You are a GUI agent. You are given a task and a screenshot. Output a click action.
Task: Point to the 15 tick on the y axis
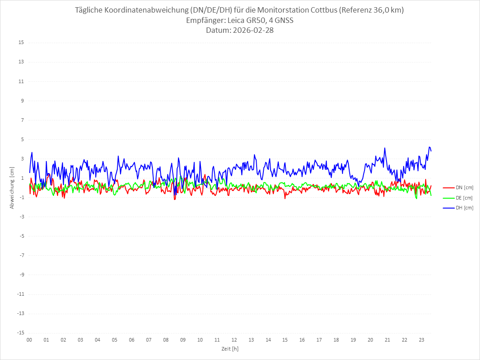[x=21, y=43]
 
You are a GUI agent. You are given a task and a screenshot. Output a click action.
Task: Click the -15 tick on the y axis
[x=20, y=333]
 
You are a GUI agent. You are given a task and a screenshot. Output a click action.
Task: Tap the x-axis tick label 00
[x=29, y=340]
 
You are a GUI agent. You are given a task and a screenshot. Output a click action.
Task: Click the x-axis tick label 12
[x=234, y=340]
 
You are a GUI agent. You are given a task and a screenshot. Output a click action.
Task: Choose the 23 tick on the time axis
[x=422, y=340]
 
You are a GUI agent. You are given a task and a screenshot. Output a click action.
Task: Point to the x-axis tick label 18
[x=336, y=340]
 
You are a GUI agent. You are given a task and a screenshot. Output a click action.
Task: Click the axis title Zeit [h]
[x=230, y=349]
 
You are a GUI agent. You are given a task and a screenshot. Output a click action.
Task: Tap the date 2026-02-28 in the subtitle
[x=251, y=31]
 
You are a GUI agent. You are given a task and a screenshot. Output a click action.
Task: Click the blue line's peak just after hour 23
[x=430, y=147]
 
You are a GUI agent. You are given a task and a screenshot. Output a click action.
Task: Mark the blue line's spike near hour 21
[x=385, y=148]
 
